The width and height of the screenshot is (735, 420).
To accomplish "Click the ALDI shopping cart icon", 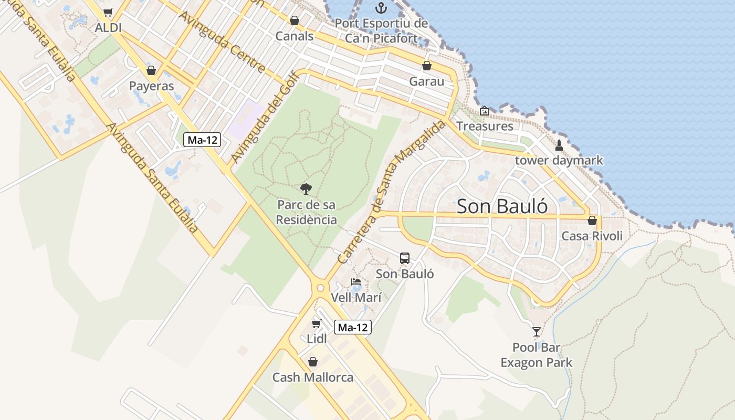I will tap(108, 12).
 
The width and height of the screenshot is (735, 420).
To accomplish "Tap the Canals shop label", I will tap(295, 36).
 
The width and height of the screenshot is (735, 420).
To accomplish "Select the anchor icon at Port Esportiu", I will tap(382, 8).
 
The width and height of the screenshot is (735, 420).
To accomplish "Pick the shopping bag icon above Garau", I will tap(427, 66).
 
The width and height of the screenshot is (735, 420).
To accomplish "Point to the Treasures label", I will tap(485, 126).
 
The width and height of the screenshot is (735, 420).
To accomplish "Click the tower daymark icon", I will tap(559, 145).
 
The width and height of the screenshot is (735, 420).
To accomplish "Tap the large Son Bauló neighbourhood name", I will tap(502, 206).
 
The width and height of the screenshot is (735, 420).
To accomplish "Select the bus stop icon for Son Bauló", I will tap(405, 258).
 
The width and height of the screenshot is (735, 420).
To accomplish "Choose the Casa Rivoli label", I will tap(592, 236).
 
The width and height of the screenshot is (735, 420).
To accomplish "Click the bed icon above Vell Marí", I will tap(356, 281).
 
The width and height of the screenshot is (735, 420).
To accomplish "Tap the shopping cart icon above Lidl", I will tap(316, 323).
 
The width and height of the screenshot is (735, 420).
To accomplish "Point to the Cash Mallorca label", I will tap(312, 377).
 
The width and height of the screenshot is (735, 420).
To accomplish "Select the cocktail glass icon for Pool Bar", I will tap(536, 331).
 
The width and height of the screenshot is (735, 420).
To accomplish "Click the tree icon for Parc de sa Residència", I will tap(306, 188).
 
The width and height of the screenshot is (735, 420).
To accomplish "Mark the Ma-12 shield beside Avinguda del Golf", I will tap(202, 140).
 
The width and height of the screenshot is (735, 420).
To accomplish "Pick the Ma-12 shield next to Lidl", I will tap(352, 328).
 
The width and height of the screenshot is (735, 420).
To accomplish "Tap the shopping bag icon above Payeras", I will tap(151, 70).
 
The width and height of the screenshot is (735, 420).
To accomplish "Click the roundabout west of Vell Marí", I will tap(320, 287).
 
